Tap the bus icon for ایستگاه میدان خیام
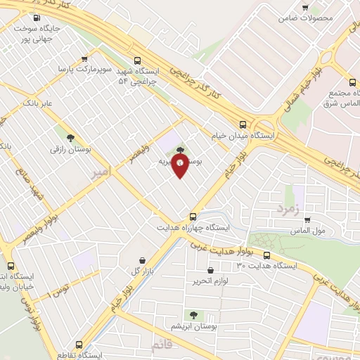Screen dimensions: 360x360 [x=243, y=121]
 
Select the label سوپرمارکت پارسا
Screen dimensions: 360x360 [x=77, y=71]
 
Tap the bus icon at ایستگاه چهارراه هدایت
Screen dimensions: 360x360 [x=193, y=216]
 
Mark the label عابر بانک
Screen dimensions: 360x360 [x=39, y=103]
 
